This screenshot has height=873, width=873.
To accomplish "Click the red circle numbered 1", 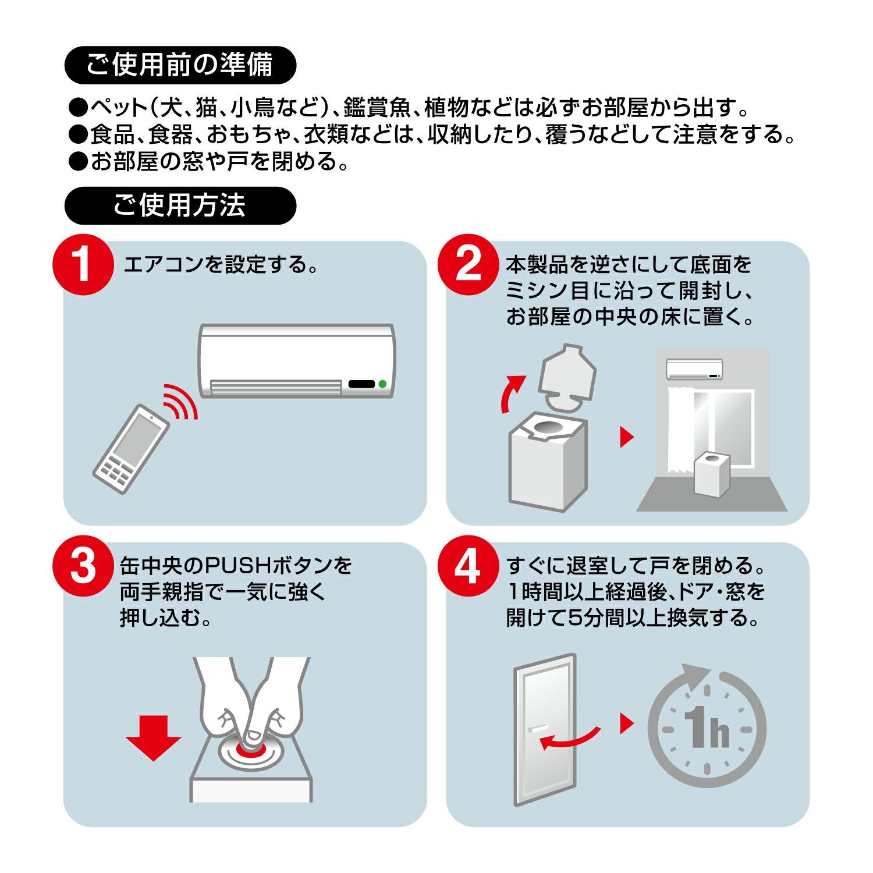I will point(83,265).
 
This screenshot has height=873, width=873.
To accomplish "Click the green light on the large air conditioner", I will point(382,384).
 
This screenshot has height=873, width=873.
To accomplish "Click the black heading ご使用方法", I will point(180,206).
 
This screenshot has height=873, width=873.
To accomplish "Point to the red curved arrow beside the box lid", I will point(511,393).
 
